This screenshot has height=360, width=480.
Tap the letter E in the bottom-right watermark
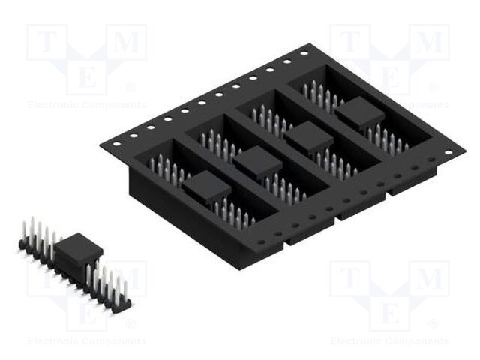click(389, 311)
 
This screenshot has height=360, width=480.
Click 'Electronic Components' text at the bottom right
click(389, 341)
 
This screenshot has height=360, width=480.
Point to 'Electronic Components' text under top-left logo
click(86, 105)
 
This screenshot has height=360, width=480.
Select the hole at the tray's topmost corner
click(304, 54)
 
